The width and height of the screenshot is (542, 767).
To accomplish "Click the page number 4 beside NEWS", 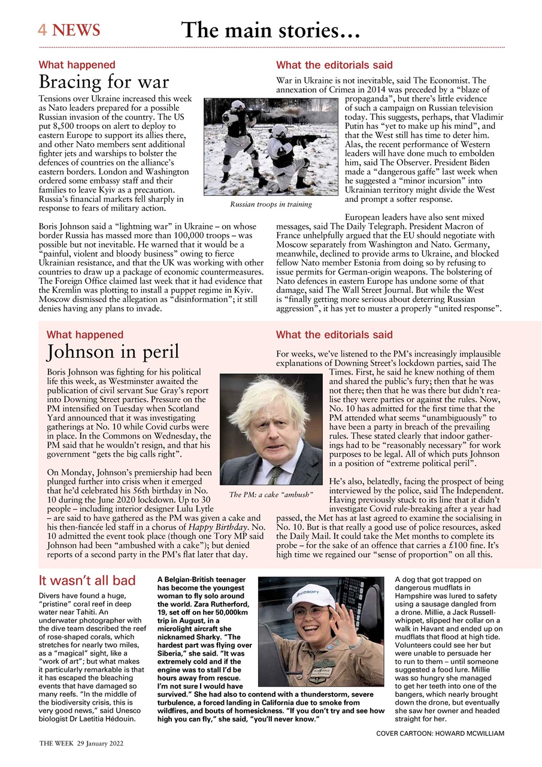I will pos(43,30).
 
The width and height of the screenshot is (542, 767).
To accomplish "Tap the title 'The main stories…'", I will pos(271,30).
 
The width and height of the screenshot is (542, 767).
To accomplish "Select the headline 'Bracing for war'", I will pos(104,81).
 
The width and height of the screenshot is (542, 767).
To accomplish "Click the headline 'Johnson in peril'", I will pos(113,352).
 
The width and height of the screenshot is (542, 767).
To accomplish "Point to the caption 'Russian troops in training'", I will pos(271,204).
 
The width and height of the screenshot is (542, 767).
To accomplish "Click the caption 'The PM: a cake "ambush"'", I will pos(271,495).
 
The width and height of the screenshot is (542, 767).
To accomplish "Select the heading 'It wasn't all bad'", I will pos(87,580).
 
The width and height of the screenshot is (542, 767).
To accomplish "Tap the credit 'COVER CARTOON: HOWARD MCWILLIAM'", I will pos(441,733).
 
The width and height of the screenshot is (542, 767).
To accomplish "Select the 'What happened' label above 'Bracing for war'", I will pos(77,65).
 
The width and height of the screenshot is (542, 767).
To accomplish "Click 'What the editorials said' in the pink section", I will pos(334,335).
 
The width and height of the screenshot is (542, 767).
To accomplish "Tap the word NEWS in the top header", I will pos(76,30).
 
